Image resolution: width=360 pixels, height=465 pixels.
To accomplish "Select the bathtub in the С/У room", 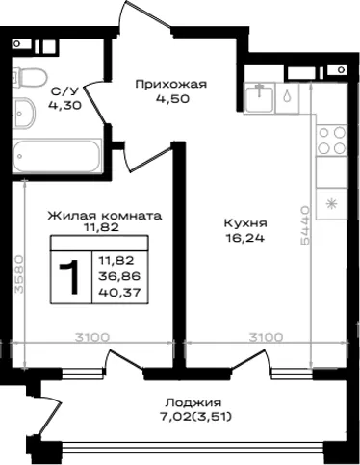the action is [57, 156].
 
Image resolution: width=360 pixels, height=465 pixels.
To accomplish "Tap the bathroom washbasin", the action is [24, 114].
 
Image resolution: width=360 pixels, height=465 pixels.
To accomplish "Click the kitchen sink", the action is [260, 97].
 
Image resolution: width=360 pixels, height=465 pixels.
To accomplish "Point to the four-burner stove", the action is [332, 140].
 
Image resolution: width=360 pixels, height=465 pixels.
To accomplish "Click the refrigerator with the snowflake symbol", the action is [332, 204].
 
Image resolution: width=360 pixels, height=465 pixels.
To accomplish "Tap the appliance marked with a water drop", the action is [287, 97].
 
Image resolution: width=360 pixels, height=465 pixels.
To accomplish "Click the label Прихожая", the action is [171, 85].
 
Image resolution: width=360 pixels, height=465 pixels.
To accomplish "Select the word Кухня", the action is [245, 222].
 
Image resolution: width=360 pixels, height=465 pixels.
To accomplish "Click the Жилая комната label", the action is [105, 216].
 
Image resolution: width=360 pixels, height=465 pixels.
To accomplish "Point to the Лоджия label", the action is [193, 402].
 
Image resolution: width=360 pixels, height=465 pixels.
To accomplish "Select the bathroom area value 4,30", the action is [64, 105].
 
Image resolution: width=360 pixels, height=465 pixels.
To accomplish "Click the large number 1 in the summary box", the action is [70, 276].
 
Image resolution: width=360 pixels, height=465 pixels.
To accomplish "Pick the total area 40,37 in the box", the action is [119, 293].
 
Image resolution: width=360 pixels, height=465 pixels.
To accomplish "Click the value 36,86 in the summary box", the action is [119, 276].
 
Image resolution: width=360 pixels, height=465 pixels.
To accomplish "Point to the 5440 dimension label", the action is [305, 225].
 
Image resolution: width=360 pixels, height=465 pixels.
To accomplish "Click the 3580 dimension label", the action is [19, 274].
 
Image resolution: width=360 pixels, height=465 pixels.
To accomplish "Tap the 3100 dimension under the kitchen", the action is [267, 337].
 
